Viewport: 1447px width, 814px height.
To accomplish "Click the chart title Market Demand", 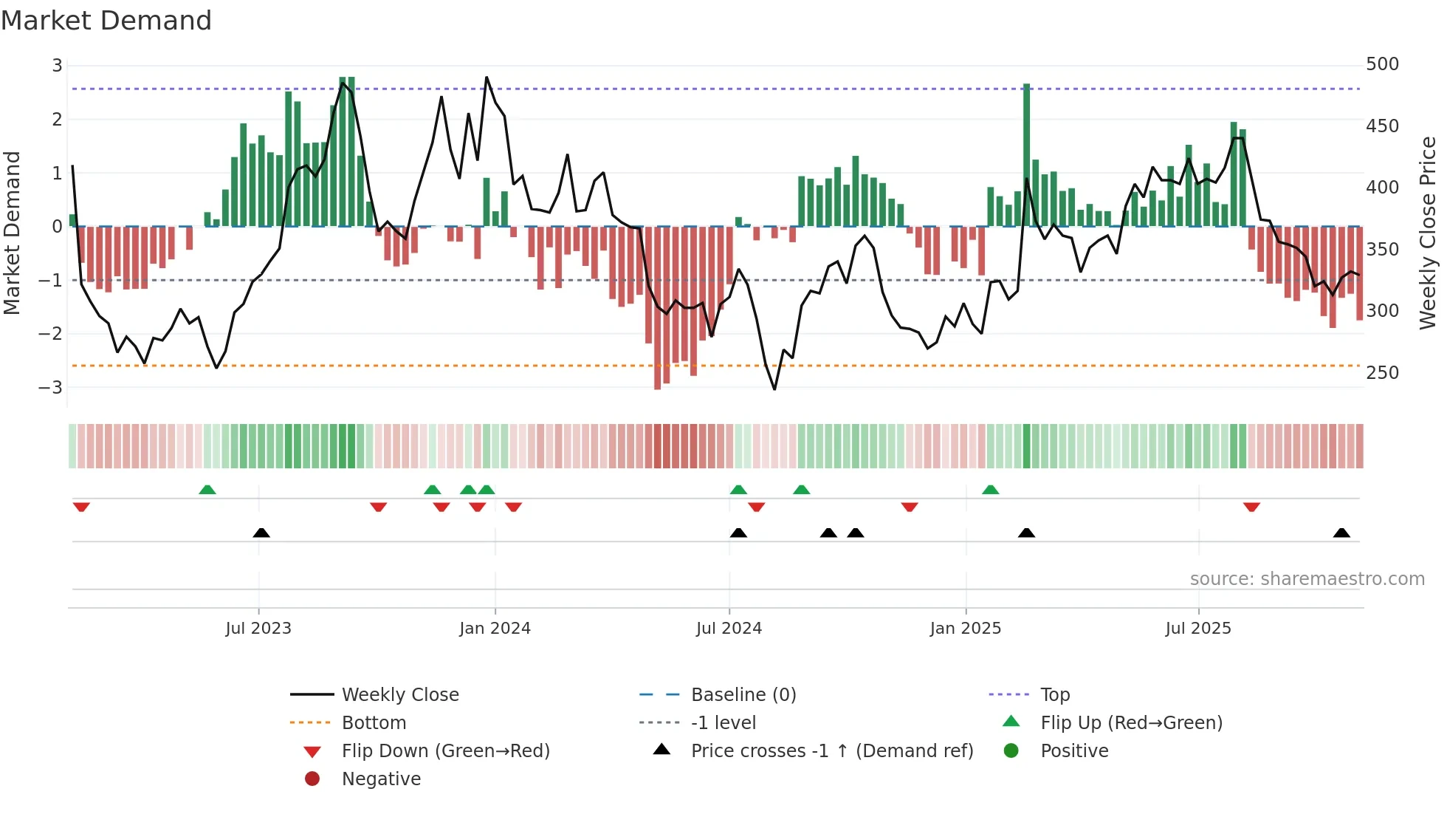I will point(106,21).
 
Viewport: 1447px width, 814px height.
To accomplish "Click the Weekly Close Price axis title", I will point(1428,233).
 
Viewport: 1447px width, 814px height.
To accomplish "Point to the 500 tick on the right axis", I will point(1382,64).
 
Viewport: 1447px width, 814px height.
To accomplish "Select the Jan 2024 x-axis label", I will point(495,629).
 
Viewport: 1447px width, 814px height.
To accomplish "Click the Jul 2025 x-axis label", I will point(1198,629).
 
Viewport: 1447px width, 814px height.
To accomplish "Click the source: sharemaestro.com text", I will point(1307,579).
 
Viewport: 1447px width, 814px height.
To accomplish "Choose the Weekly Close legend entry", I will point(399,695).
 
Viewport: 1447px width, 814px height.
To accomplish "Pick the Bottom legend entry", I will point(374,723).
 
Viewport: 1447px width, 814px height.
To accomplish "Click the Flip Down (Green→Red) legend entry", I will point(445,751).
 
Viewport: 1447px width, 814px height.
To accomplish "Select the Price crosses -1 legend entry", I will point(831,751).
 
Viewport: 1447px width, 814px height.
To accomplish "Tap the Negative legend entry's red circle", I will point(312,779).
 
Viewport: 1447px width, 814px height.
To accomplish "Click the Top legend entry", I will point(1054,695).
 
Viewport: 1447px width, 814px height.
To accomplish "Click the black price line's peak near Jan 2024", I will point(487,78).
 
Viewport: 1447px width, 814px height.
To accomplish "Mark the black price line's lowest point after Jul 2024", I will point(774,389).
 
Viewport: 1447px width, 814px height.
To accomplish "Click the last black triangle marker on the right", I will point(1341,533).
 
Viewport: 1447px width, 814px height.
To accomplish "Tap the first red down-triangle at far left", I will point(81,507).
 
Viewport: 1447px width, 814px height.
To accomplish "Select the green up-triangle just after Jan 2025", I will point(991,490).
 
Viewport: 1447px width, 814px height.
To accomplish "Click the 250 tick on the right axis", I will point(1382,373).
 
